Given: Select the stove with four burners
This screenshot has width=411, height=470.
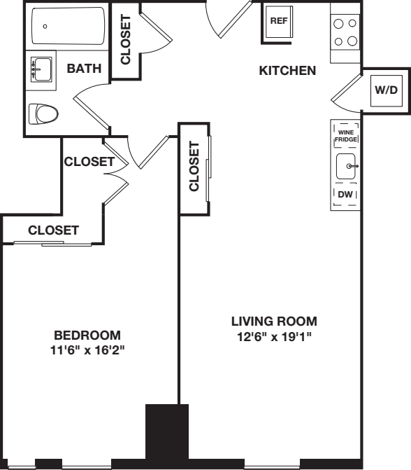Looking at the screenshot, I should (345, 31).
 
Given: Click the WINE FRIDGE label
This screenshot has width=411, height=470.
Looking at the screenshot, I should (347, 136).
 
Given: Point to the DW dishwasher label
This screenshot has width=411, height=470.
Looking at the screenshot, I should (347, 194).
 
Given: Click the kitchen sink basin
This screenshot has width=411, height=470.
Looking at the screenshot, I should (347, 167).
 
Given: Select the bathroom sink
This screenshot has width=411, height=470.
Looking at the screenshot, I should (41, 69).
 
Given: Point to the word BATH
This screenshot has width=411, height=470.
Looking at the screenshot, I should (84, 69).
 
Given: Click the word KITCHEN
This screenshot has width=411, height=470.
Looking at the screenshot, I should (287, 71).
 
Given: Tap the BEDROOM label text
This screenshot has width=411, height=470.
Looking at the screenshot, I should (88, 335).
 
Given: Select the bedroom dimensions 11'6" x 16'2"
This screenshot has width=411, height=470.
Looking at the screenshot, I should (88, 349).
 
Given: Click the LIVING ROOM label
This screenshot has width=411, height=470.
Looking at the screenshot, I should (274, 322).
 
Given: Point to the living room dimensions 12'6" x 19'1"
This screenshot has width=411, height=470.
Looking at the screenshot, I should (274, 336).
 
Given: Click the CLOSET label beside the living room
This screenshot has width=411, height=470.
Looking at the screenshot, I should (194, 167).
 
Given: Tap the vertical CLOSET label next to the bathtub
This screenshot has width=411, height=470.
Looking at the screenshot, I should (126, 41).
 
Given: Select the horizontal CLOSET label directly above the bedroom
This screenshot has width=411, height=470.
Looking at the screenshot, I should (53, 230).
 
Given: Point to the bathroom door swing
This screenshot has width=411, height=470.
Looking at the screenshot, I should (91, 105).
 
